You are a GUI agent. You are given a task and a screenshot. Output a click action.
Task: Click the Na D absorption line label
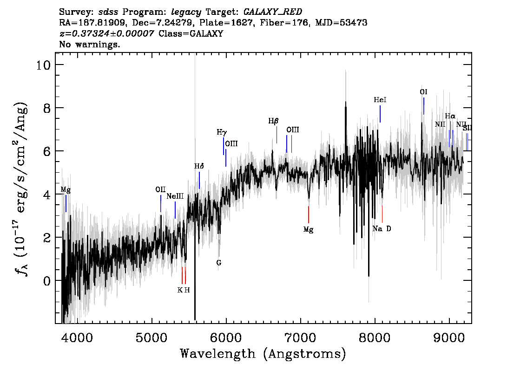coord(382,229)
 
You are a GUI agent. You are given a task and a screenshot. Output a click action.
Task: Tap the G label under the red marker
coord(219,263)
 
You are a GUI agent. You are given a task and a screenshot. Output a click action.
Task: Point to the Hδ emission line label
coord(199,166)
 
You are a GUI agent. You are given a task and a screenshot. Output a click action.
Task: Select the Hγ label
coord(222,132)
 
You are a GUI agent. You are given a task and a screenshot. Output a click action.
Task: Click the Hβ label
coord(273,121)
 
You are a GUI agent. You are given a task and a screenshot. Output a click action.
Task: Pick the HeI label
coord(380,100)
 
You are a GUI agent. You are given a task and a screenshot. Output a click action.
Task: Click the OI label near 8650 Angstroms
coord(423,91)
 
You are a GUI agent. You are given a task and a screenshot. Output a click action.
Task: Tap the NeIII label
coord(175,196)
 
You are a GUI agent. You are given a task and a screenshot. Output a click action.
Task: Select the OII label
coord(161,189)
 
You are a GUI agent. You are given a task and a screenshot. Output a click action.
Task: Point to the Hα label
coord(450,116)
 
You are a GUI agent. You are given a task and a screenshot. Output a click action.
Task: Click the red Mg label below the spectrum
coord(308,230)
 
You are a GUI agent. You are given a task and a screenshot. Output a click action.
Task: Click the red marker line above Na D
coord(382,214)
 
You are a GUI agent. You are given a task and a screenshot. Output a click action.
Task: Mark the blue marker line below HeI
coord(380,114)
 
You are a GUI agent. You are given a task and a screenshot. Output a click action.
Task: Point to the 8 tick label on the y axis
coord(47,108)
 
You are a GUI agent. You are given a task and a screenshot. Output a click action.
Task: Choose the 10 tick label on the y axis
coord(43,65)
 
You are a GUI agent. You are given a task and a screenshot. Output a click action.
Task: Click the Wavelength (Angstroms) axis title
coord(263,354)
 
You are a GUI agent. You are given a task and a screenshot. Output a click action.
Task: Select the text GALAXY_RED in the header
coord(273,12)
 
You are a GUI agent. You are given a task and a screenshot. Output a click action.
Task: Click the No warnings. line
coord(89,44)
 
